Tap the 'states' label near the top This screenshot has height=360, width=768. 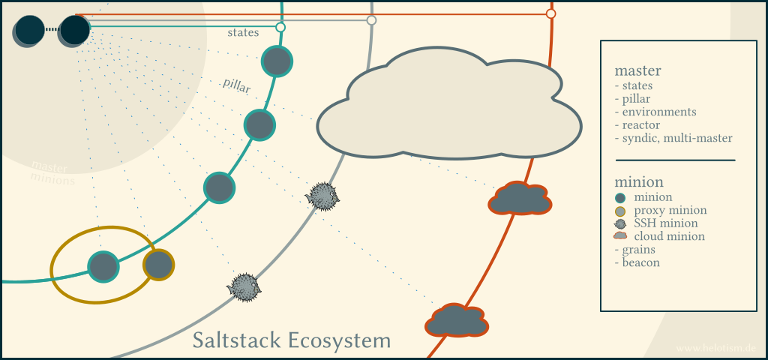coord(243,32)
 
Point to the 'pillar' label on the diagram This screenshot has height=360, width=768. coord(236,86)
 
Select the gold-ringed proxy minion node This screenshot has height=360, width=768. coord(158,265)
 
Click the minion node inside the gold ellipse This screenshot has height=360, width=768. coord(103,266)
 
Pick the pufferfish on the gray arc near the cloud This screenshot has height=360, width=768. coord(323,196)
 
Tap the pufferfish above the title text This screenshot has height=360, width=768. coord(244,286)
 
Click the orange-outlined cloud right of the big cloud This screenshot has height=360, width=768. coord(520,199)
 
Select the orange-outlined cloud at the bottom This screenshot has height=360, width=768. coord(456,320)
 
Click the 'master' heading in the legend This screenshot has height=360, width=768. coord(637,71)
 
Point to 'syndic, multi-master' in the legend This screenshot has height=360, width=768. coord(673,138)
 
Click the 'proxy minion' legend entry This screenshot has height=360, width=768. coord(670,210)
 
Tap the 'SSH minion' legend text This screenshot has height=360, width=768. coord(666,223)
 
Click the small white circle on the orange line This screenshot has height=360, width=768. coord(550,13)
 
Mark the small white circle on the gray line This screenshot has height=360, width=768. coord(371,20)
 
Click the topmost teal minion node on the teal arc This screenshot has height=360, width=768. coord(277,61)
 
